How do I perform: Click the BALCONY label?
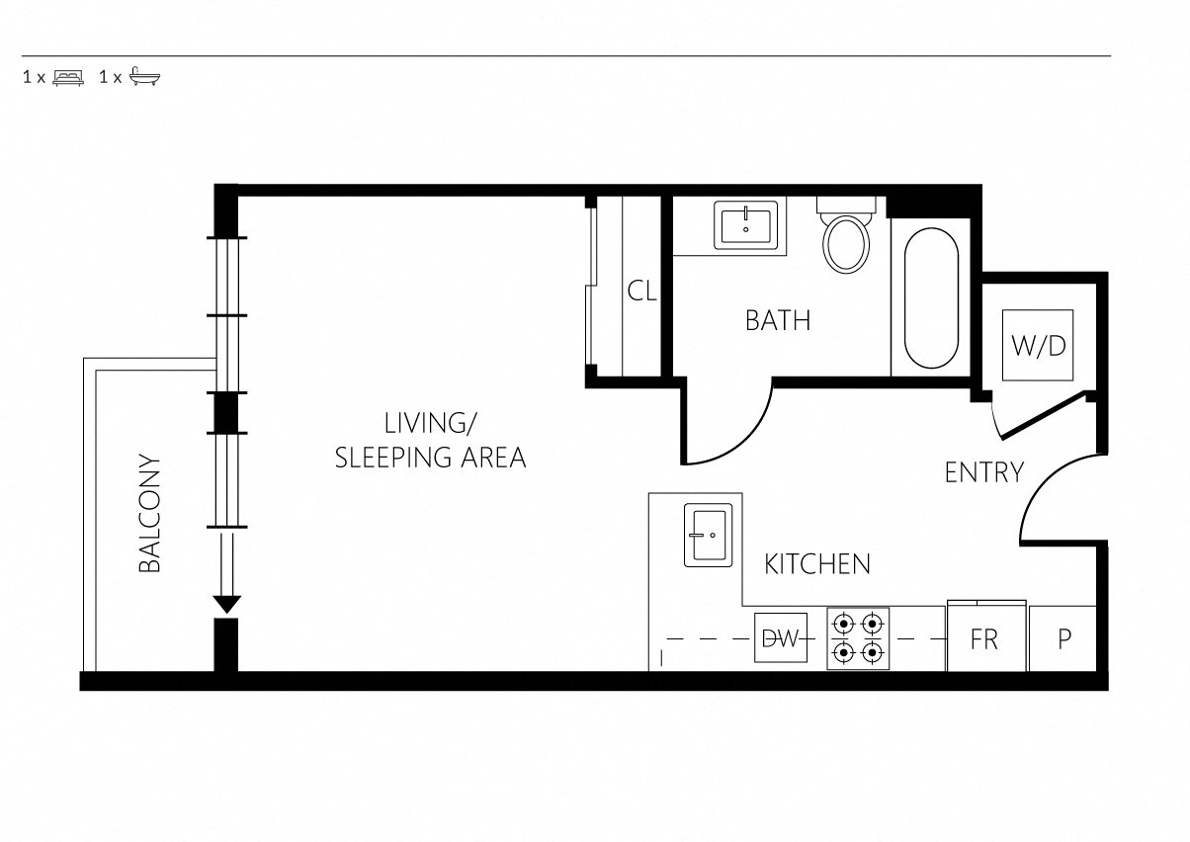[149, 514]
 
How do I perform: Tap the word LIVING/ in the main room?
[430, 423]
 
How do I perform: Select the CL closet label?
[641, 291]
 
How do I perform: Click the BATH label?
[778, 320]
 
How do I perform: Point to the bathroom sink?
[746, 224]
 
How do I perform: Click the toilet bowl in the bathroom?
[846, 244]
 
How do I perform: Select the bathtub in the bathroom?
[931, 298]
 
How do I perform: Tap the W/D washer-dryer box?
[1038, 345]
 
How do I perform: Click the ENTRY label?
[984, 472]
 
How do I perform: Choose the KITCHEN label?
[817, 564]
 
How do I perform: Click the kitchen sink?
[708, 535]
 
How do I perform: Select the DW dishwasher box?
[781, 638]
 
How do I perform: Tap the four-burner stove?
[858, 638]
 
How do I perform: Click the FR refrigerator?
[986, 636]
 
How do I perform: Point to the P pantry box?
[1062, 638]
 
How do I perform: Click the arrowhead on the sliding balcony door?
[227, 605]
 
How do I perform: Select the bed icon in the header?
[68, 77]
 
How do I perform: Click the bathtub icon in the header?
[144, 77]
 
